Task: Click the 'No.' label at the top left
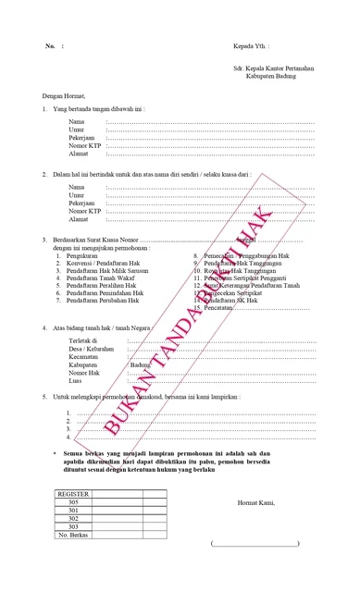[49, 45]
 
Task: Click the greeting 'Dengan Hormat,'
[64, 95]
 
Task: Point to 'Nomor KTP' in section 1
[85, 145]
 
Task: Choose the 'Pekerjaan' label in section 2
[82, 203]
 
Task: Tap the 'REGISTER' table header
[74, 495]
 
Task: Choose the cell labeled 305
[74, 502]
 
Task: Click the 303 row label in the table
[74, 526]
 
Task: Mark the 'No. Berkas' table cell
[74, 535]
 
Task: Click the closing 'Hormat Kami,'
[256, 503]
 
